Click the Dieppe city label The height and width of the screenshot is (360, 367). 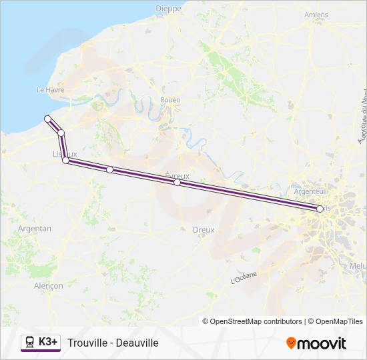point(169,8)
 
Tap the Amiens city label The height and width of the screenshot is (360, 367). point(316,15)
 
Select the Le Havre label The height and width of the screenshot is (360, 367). point(50,90)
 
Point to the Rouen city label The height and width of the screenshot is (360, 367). point(170,100)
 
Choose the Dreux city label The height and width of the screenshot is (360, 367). point(204,229)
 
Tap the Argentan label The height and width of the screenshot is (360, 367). point(35,229)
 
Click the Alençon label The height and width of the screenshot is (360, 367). point(48,286)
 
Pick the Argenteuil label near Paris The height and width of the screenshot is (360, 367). point(310,191)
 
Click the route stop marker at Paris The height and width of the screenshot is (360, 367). point(320,209)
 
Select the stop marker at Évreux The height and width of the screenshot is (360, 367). point(177,182)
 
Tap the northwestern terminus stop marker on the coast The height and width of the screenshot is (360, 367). point(47,119)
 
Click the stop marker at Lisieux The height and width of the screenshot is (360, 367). point(65,161)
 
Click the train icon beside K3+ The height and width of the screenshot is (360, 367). point(30,342)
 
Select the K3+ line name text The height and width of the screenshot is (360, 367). point(49,342)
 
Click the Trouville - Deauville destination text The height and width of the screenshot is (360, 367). point(113,343)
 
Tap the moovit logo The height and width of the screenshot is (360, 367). point(316,343)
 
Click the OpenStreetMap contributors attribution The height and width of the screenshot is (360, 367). point(252,321)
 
